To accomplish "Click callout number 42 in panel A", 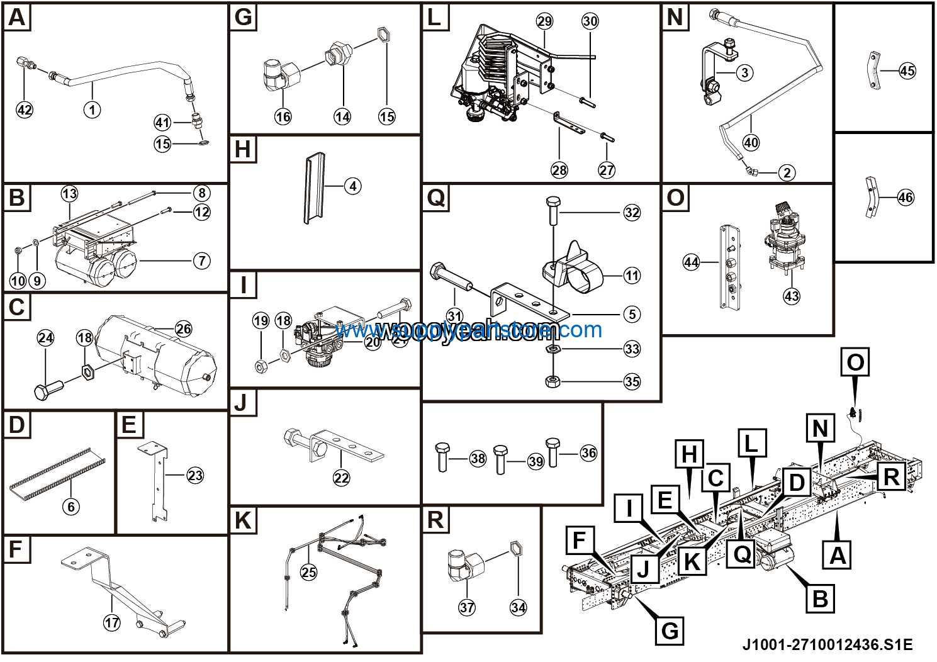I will [25, 110].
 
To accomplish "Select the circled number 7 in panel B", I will [201, 261].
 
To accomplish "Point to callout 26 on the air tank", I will [183, 329].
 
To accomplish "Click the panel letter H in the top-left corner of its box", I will [243, 150].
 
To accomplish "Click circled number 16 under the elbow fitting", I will [283, 116].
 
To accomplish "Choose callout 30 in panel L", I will [590, 21].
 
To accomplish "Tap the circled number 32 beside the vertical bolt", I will [632, 213].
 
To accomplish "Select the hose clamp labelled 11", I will [573, 267].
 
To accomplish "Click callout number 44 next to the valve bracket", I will [691, 262].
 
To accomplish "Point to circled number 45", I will [907, 71].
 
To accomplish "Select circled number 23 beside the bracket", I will [195, 476].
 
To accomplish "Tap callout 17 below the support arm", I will [112, 622].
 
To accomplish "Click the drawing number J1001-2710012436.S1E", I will [827, 644].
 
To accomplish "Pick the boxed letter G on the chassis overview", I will [670, 630].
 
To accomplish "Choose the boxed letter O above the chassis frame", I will [855, 362].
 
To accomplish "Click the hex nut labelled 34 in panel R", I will [514, 549].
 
